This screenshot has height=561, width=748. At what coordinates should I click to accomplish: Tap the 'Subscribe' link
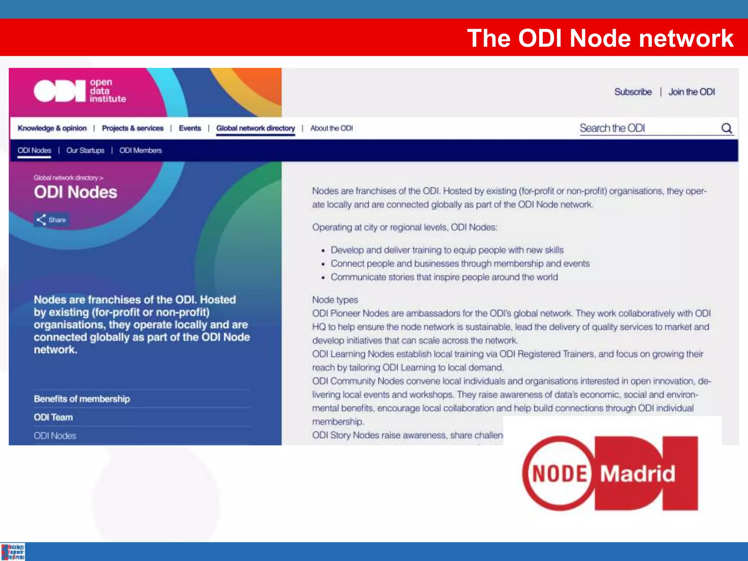pyautogui.click(x=633, y=92)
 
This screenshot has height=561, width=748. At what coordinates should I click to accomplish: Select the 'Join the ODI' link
pyautogui.click(x=692, y=92)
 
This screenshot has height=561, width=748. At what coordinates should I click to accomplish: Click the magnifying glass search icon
pyautogui.click(x=726, y=128)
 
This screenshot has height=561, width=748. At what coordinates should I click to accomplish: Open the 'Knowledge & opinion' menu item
pyautogui.click(x=52, y=128)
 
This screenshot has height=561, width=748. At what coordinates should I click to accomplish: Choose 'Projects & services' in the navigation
pyautogui.click(x=133, y=128)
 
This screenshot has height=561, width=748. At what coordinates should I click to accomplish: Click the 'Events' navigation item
pyautogui.click(x=190, y=128)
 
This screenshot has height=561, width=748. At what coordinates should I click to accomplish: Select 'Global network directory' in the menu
pyautogui.click(x=255, y=128)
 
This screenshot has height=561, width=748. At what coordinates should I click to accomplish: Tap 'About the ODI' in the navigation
pyautogui.click(x=331, y=128)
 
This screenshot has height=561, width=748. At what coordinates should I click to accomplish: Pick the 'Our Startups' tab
pyautogui.click(x=85, y=150)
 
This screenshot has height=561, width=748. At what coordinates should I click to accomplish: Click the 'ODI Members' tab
pyautogui.click(x=140, y=150)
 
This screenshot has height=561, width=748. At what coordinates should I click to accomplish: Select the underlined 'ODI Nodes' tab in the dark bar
pyautogui.click(x=34, y=150)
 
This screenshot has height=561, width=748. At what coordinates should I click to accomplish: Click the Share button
pyautogui.click(x=51, y=220)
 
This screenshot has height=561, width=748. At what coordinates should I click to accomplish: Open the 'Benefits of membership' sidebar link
pyautogui.click(x=82, y=399)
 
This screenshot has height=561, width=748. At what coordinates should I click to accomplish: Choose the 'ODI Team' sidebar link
pyautogui.click(x=53, y=417)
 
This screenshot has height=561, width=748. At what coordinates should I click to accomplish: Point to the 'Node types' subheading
pyautogui.click(x=335, y=300)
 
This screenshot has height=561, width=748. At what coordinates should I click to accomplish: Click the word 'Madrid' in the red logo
pyautogui.click(x=638, y=474)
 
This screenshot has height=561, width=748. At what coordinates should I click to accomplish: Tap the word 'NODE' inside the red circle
pyautogui.click(x=559, y=474)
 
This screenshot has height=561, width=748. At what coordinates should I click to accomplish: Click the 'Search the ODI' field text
pyautogui.click(x=612, y=128)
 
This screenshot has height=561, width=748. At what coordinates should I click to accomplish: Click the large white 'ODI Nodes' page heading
pyautogui.click(x=76, y=192)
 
